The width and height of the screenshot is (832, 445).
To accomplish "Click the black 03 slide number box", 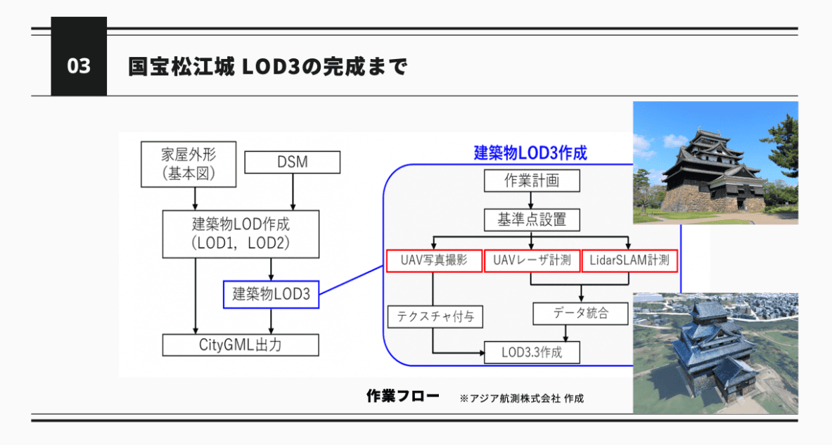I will coord(79,67).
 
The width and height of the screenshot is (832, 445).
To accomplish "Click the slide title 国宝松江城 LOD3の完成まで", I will coord(267,67).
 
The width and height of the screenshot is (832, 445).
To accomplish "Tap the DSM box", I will coord(292,163).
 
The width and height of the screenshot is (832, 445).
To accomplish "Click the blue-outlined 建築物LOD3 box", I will coord(271,295).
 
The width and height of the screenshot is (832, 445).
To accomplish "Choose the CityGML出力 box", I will coord(241,345).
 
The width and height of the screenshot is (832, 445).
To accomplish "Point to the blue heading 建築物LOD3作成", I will coord(530,153).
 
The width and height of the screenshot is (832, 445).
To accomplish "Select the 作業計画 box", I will coord(532,181).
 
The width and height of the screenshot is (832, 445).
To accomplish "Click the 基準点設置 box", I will coord(532,220).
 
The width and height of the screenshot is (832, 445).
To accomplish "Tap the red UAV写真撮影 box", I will coord(434,262).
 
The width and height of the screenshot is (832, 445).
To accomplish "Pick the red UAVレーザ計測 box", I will coord(532,262).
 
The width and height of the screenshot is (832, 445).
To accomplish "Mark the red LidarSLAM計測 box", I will coord(629,262).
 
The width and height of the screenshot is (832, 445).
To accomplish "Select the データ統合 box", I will coord(580,314).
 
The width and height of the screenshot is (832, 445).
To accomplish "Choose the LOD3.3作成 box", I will coord(532,352).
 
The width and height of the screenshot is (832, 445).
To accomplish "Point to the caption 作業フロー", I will coord(402,396).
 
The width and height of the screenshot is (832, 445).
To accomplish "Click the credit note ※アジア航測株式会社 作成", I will coord(521,399).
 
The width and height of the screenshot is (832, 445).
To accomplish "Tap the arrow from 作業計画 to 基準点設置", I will coord(532,200).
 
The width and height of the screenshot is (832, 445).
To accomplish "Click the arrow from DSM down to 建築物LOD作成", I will coord(292,191).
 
